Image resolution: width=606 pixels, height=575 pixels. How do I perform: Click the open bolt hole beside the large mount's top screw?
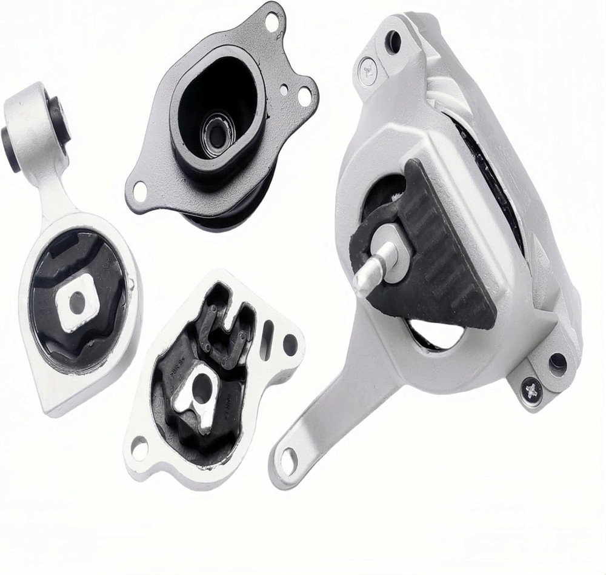click(x=393, y=42)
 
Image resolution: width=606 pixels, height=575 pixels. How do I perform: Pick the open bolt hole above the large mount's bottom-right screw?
click(x=557, y=364)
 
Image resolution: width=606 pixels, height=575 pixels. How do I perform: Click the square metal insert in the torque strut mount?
click(x=77, y=302)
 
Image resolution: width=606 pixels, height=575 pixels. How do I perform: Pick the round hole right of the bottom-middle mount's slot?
click(x=290, y=345)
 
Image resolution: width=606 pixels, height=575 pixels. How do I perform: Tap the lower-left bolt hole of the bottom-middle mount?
click(x=139, y=448)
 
